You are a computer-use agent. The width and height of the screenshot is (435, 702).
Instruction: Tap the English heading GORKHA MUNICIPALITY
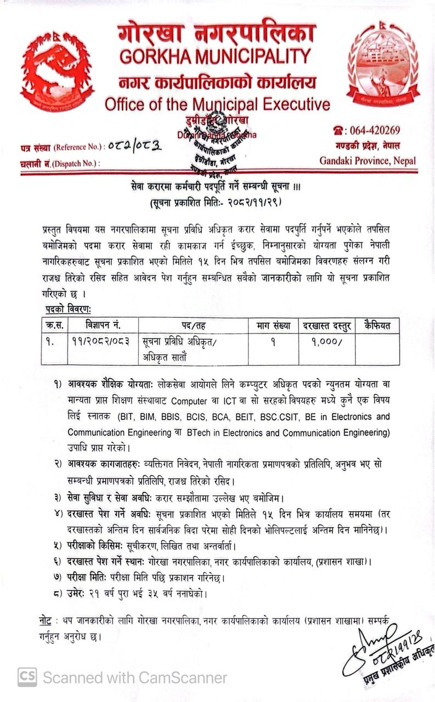[x=215, y=55]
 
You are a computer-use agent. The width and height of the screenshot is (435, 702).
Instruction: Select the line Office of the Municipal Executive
[x=217, y=104]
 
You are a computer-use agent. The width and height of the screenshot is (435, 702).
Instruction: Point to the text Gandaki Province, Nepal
[x=368, y=161]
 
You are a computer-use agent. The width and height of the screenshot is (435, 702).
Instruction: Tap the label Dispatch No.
[x=76, y=163]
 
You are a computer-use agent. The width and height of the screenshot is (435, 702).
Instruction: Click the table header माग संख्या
[x=273, y=325]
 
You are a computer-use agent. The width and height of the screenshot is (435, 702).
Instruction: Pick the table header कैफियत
[x=377, y=325]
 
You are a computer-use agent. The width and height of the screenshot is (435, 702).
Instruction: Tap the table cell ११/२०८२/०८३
[x=101, y=341]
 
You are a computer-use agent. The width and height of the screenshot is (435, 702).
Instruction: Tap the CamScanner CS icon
[x=27, y=677]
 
